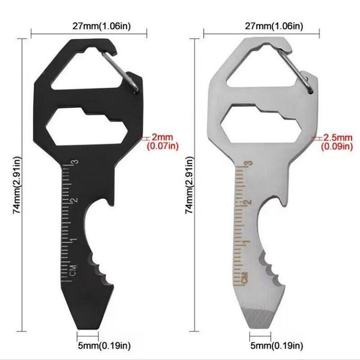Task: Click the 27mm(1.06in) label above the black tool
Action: tap(102, 26)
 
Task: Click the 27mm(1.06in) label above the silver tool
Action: tap(274, 26)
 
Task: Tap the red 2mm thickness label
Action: tap(162, 137)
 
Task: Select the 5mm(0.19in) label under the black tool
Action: tap(104, 345)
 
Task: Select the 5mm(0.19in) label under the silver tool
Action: tap(277, 345)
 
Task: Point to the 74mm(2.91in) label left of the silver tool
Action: tap(189, 185)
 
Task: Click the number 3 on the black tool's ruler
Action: tap(75, 162)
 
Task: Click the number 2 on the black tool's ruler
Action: tap(75, 200)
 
